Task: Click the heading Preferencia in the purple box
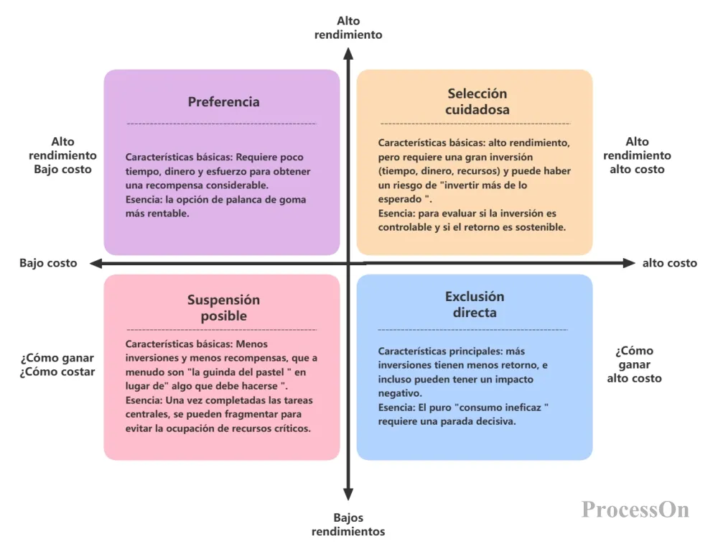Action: tap(223, 102)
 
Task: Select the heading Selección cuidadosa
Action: tap(477, 101)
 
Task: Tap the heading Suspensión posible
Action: tap(223, 308)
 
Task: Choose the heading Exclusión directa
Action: tap(475, 305)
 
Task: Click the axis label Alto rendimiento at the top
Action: tap(348, 28)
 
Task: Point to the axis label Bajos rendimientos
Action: tap(348, 525)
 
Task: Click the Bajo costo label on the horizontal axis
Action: tap(48, 263)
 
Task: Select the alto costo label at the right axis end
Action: tap(669, 263)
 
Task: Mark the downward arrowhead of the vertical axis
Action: tap(348, 494)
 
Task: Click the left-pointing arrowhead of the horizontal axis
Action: tap(93, 263)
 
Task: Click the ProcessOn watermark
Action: tap(635, 510)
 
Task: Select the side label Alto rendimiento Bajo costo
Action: tap(62, 156)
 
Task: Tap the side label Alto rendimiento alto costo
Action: tap(637, 156)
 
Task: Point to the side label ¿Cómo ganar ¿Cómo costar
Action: tap(57, 365)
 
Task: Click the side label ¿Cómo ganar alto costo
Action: tap(634, 364)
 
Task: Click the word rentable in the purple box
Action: tap(169, 214)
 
